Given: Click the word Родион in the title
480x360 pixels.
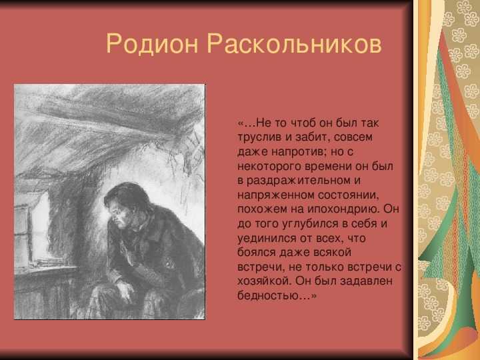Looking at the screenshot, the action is click(152, 44).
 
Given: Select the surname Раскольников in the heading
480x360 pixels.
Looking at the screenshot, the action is click(295, 43).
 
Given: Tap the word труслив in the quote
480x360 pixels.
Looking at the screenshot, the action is click(259, 137).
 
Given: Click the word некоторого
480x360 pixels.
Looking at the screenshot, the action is click(269, 166).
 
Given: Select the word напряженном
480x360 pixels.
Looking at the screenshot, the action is click(275, 195).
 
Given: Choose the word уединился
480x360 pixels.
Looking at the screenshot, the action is click(267, 238).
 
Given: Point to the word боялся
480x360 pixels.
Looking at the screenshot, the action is click(257, 253).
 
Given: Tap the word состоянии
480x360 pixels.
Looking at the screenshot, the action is click(347, 195).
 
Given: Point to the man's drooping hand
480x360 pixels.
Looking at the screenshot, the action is click(124, 291).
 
